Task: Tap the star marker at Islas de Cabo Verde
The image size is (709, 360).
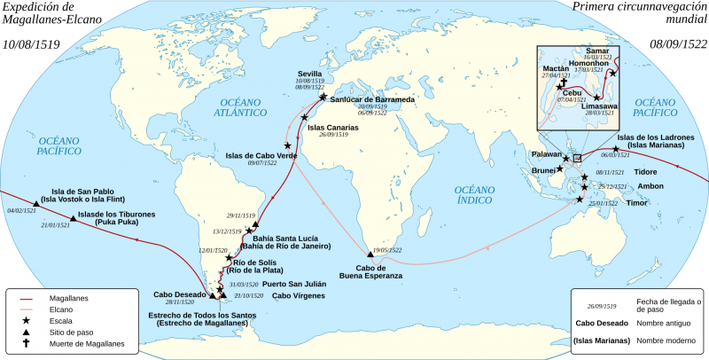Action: click(287, 145)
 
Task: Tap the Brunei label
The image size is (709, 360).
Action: click(543, 169)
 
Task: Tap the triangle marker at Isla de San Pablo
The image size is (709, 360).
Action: click(35, 203)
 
